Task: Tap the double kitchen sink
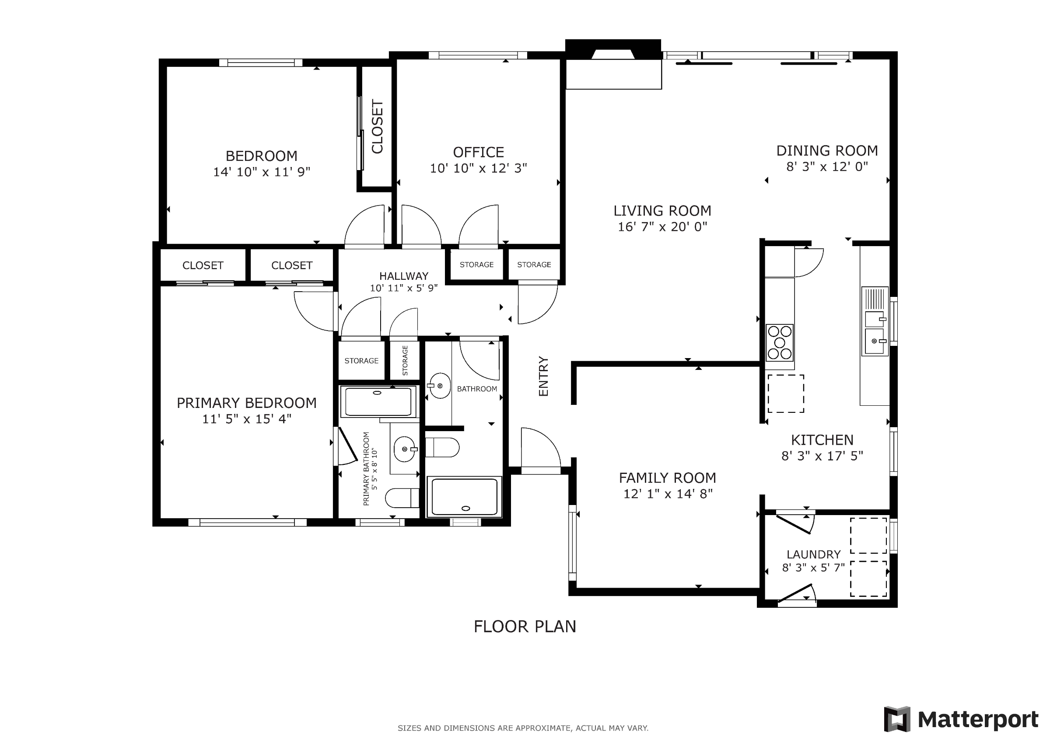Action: (x=875, y=321)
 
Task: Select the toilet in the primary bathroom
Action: (x=402, y=498)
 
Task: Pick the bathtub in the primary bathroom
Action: (x=378, y=401)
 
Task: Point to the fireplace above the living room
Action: (x=613, y=49)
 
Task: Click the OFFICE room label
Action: (x=478, y=152)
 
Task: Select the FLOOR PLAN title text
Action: (x=525, y=626)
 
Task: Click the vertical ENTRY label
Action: (x=543, y=376)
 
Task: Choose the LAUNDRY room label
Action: (x=814, y=554)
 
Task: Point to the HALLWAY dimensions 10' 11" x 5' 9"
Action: (x=404, y=288)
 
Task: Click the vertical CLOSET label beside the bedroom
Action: (x=377, y=127)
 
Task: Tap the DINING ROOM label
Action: (x=827, y=150)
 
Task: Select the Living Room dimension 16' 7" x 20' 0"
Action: (x=662, y=226)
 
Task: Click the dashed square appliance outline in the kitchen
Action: (x=786, y=394)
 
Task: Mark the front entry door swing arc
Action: (x=546, y=439)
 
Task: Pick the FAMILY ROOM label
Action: (x=667, y=478)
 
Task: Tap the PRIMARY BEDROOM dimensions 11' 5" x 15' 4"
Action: (x=246, y=419)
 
